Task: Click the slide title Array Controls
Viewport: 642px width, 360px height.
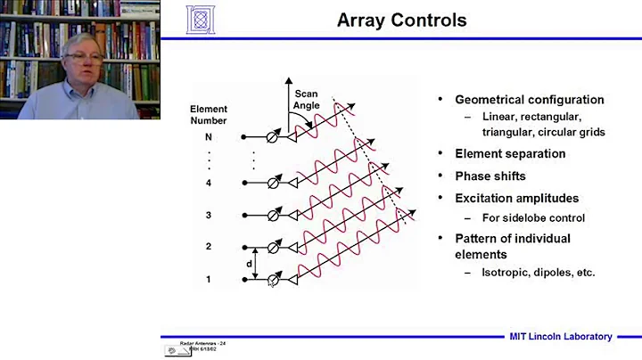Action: [401, 20]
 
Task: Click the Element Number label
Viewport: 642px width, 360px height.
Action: [209, 115]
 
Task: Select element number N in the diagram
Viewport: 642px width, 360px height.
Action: [208, 137]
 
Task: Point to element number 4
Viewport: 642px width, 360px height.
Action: [208, 183]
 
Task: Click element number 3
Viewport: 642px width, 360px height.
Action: [208, 215]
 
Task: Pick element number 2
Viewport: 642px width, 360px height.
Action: [208, 247]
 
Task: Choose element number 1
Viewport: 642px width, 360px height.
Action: [208, 279]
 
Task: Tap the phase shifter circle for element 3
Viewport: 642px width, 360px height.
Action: [275, 216]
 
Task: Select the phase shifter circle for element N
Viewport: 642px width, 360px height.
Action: [275, 137]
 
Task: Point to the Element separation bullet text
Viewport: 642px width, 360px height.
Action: [510, 153]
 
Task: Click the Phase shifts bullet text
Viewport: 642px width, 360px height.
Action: [490, 176]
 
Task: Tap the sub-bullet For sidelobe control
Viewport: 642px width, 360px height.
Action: [531, 217]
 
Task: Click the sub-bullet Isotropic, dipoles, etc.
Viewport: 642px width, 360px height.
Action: [539, 272]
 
